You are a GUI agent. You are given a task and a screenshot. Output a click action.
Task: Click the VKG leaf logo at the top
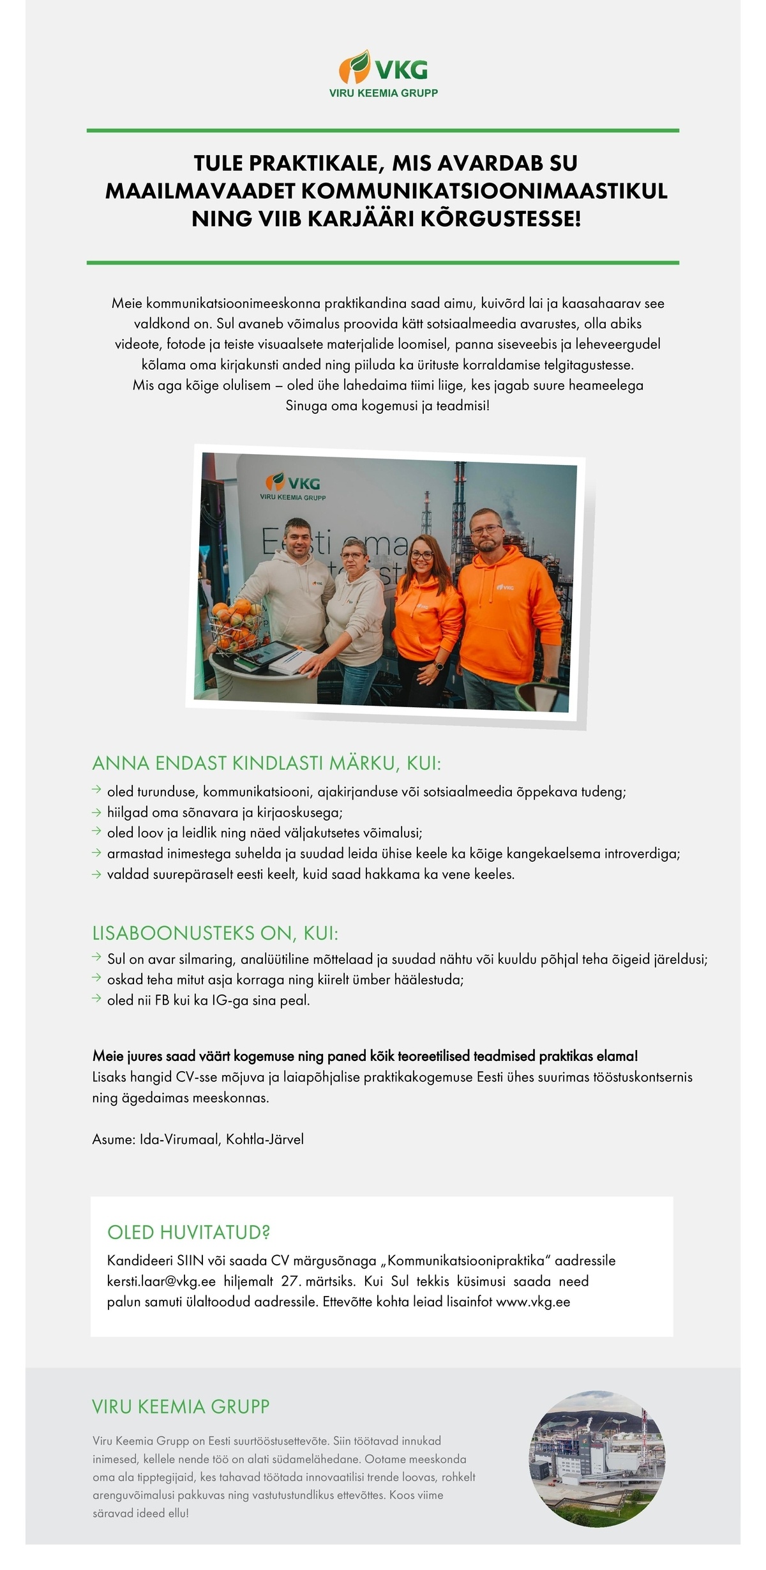tap(354, 66)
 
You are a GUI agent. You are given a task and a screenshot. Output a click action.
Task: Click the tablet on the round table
tap(260, 654)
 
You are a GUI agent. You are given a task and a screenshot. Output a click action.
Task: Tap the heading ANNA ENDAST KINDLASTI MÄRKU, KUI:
tap(267, 763)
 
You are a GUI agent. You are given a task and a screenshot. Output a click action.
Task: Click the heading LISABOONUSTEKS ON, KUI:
tap(215, 933)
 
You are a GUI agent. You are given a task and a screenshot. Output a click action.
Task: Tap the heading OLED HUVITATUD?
tap(189, 1232)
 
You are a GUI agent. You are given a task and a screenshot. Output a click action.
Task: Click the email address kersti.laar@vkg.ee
tap(161, 1281)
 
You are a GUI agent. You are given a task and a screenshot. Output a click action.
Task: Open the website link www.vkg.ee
tap(533, 1302)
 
